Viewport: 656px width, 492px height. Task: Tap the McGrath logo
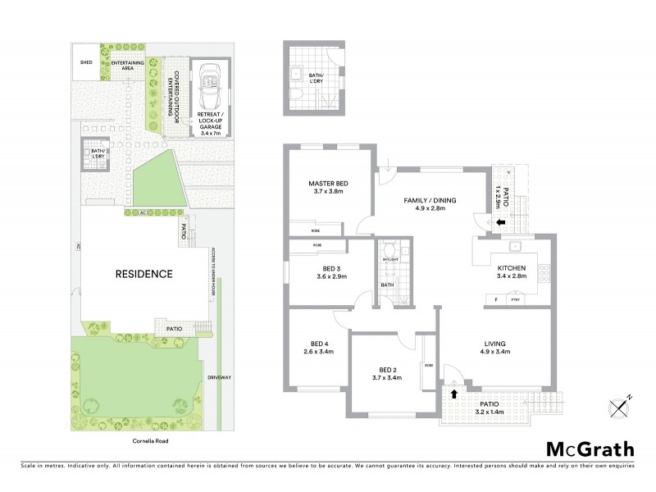coord(589,449)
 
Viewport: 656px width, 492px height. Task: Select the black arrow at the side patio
coord(502,220)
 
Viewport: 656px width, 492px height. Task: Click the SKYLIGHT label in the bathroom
coord(390,259)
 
